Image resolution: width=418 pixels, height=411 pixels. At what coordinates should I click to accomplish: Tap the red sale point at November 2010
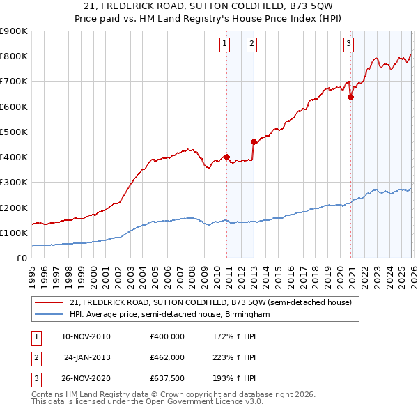coord(227,157)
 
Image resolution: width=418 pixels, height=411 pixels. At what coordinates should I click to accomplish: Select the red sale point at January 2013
coord(254,141)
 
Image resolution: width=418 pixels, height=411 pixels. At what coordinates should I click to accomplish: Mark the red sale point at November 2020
coord(350,98)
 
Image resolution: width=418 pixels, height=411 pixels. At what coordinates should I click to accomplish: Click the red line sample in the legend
coord(49,302)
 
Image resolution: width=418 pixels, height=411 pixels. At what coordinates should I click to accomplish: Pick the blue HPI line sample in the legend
coord(49,315)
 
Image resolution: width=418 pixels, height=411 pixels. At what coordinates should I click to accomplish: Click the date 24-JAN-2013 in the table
coord(87,357)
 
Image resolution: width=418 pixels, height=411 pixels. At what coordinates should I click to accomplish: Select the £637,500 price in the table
coord(167,380)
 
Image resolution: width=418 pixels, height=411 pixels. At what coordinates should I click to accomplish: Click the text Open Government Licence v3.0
coord(206,402)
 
